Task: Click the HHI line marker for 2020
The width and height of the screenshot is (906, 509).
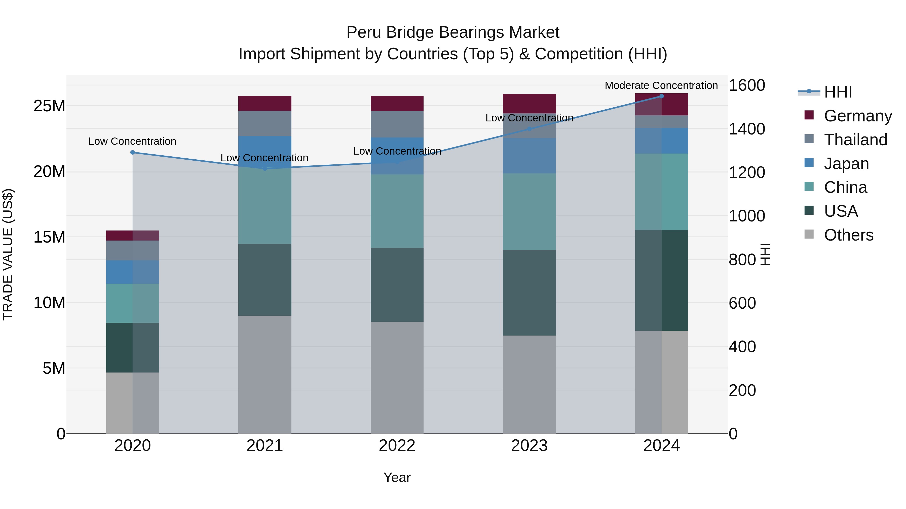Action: click(x=133, y=153)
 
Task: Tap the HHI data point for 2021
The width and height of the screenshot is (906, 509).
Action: click(x=265, y=169)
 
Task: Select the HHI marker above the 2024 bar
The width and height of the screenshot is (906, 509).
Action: click(x=662, y=96)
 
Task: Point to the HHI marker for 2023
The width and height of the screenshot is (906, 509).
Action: click(x=529, y=129)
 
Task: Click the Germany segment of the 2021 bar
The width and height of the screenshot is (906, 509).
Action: click(x=265, y=104)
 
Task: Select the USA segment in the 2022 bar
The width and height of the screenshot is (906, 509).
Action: click(x=397, y=285)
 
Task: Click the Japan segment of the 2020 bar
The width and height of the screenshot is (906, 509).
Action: click(x=133, y=272)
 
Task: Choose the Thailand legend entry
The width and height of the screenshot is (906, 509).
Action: click(x=855, y=140)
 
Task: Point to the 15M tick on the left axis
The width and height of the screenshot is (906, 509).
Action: click(x=50, y=237)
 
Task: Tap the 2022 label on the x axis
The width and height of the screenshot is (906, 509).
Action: click(x=397, y=446)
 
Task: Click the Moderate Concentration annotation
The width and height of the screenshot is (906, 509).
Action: click(x=661, y=85)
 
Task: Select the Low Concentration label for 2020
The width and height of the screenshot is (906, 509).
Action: click(x=132, y=141)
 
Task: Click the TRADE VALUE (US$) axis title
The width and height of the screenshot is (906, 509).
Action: click(x=8, y=254)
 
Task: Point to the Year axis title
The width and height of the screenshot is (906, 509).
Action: click(x=397, y=477)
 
